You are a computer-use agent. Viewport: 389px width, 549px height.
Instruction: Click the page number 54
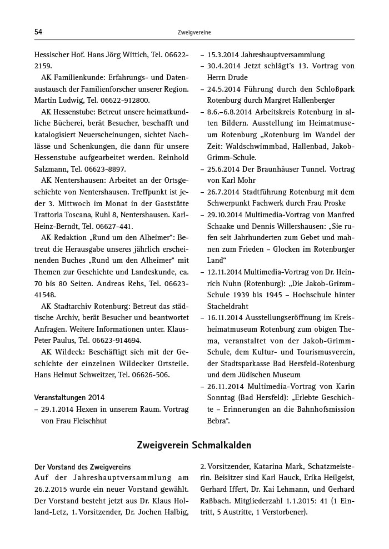coord(38,32)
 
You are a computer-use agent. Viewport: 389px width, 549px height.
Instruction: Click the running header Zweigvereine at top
coord(194,33)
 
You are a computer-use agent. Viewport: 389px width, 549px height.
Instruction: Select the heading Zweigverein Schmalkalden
coord(194,446)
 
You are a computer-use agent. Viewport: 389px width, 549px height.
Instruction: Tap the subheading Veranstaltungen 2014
coord(69,397)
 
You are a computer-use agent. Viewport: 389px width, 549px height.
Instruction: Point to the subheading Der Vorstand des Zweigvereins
coord(82,467)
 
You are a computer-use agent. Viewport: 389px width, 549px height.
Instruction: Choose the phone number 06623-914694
coord(118,340)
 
